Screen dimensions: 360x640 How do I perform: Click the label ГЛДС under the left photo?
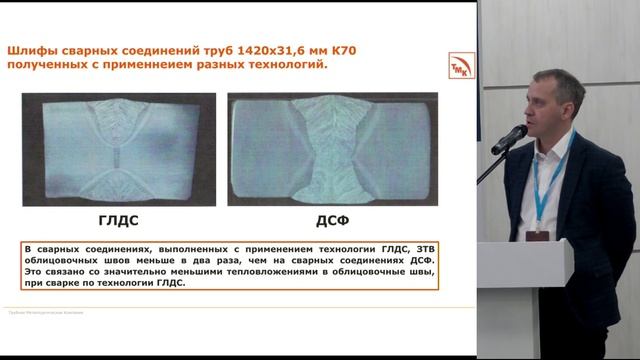tap(118, 219)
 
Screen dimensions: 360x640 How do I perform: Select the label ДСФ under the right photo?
tap(330, 219)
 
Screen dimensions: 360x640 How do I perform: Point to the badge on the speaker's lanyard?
tap(541, 226)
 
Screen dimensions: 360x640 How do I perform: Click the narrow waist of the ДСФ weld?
tap(328, 149)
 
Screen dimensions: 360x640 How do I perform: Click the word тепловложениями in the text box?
tap(249, 271)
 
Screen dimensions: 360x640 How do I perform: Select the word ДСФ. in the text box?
tap(424, 260)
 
